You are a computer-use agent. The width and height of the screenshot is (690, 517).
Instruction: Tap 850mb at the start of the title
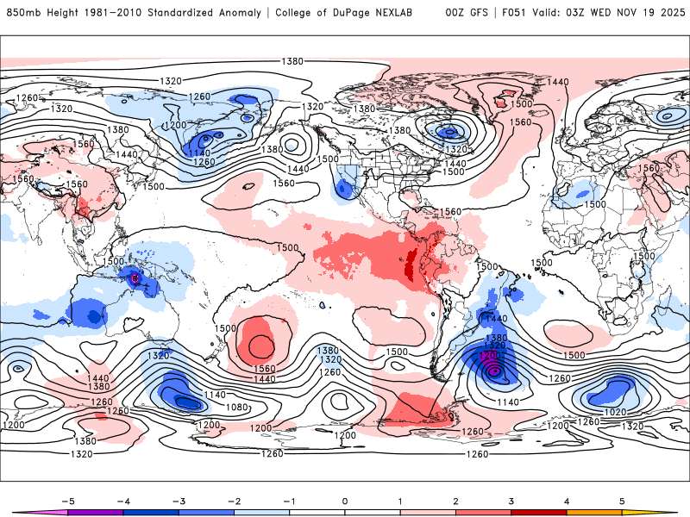pos(22,13)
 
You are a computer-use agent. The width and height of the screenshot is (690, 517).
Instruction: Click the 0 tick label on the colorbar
pos(344,500)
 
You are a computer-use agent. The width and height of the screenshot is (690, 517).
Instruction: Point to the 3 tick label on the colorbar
pos(511,500)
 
